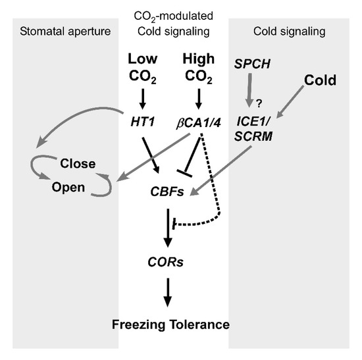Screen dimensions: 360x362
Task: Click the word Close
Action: pyautogui.click(x=78, y=163)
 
